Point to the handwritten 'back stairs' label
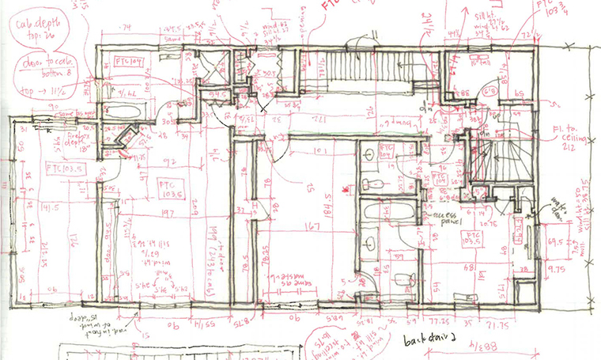(x=424, y=341)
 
